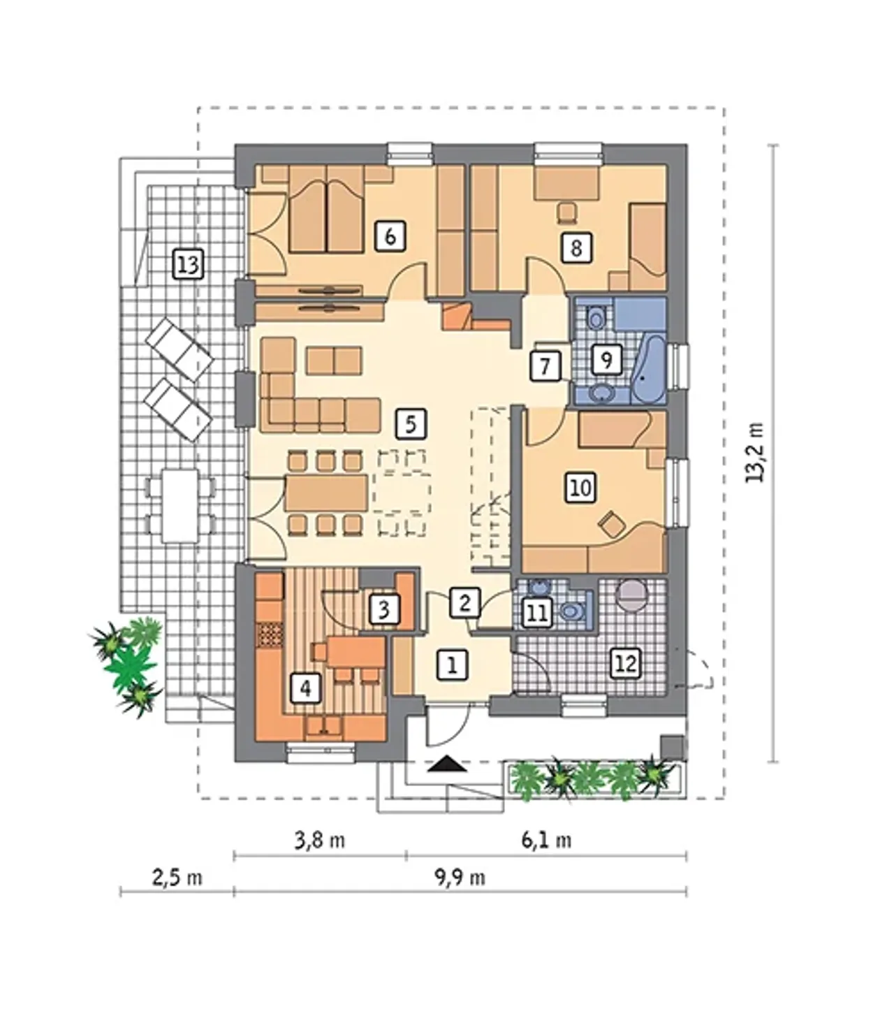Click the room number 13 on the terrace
189,264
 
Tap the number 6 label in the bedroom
390,236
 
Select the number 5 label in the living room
411,424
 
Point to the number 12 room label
626,663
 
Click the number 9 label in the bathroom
607,359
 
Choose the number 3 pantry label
384,609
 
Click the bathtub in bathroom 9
648,370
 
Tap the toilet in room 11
571,611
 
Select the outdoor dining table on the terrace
179,505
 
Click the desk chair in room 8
567,212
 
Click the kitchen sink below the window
324,726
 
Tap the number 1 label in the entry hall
452,666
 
